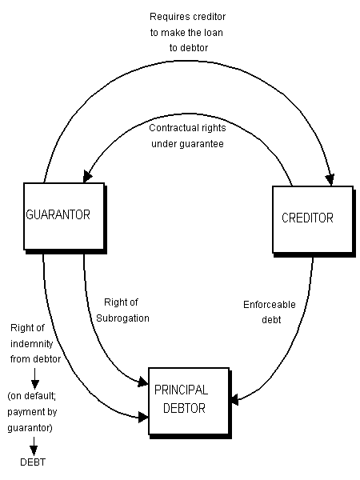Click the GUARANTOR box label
58,214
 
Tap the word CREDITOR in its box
307,218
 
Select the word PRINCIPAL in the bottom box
182,390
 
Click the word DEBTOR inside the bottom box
184,408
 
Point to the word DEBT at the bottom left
33,462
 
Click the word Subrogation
122,318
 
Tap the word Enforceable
270,305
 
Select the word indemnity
32,344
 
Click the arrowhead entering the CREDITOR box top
330,180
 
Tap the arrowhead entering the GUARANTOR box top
87,176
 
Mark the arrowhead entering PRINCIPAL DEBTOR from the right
234,400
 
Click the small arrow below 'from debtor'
35,378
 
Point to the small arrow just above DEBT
34,446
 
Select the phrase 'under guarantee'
187,144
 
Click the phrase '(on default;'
31,396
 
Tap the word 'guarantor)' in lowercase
30,428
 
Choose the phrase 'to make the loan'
186,33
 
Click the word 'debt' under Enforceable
271,319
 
